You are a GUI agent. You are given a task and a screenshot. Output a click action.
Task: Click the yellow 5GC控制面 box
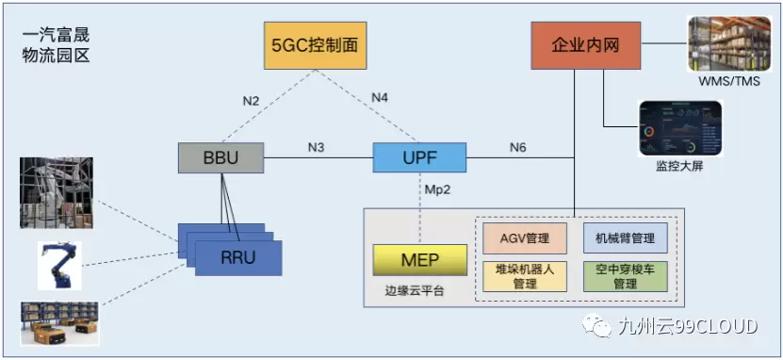click(x=315, y=45)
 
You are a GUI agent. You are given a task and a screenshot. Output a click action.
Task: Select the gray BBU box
click(x=221, y=157)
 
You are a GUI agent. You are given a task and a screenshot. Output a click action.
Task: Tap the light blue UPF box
click(x=419, y=157)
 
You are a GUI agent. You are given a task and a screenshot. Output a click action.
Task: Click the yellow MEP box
click(x=420, y=260)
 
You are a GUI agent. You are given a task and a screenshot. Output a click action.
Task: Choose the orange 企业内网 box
click(x=586, y=45)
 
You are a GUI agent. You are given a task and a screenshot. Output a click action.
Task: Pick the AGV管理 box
click(x=524, y=237)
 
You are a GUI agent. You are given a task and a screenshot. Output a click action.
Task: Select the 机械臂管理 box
click(x=626, y=237)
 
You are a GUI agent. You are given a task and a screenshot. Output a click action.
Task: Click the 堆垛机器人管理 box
click(x=524, y=276)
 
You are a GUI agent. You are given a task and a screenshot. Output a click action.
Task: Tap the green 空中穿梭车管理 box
click(x=626, y=276)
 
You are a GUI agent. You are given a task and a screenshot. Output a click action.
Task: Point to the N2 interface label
click(x=252, y=101)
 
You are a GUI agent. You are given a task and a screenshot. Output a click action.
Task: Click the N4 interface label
click(x=380, y=98)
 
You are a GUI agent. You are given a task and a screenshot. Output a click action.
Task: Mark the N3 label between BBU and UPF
click(x=317, y=148)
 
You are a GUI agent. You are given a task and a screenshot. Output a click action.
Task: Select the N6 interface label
click(x=518, y=148)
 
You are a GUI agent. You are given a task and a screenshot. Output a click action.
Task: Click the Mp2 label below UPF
click(x=438, y=189)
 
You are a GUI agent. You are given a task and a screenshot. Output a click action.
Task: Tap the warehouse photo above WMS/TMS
click(x=729, y=44)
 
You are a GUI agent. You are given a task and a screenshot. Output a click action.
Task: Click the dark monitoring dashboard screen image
click(x=680, y=129)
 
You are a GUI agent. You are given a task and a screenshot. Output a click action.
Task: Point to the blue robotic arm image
click(x=59, y=266)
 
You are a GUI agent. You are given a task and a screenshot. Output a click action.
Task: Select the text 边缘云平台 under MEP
click(x=414, y=291)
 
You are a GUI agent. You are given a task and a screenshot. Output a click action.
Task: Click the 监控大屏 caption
click(x=679, y=166)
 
